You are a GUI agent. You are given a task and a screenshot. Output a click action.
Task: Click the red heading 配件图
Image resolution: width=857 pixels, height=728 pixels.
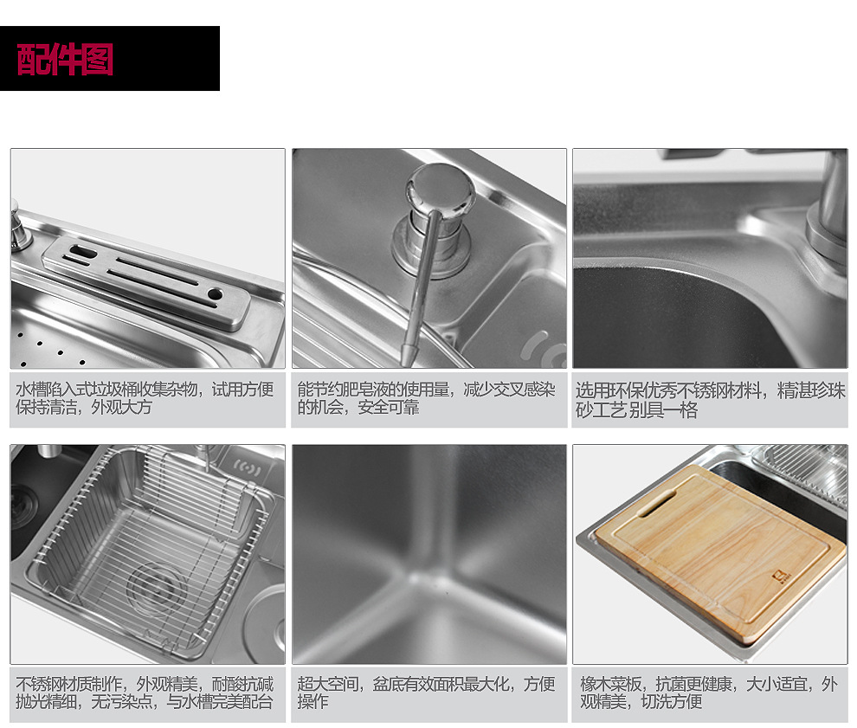(65, 59)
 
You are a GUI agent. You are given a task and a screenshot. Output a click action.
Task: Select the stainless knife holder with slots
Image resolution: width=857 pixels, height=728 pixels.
(146, 282)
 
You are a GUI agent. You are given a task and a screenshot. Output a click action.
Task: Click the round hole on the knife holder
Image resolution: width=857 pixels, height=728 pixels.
(215, 294)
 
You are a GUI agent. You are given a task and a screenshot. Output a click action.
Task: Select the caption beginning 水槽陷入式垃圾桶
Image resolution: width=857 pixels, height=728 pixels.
(145, 398)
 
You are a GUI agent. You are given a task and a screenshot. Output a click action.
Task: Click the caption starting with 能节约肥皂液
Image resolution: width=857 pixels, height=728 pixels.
(426, 398)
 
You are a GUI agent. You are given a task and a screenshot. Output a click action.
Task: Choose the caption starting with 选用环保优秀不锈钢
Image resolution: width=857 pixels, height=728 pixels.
(710, 400)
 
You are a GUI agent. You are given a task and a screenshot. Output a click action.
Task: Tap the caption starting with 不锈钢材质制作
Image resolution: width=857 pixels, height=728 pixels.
(145, 693)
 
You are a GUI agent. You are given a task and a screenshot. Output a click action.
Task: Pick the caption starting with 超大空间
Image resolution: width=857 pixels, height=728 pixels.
(426, 693)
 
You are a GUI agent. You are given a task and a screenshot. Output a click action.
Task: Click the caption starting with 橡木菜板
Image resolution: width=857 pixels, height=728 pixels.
(709, 693)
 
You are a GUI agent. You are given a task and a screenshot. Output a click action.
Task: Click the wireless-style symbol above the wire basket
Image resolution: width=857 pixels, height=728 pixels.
(248, 467)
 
